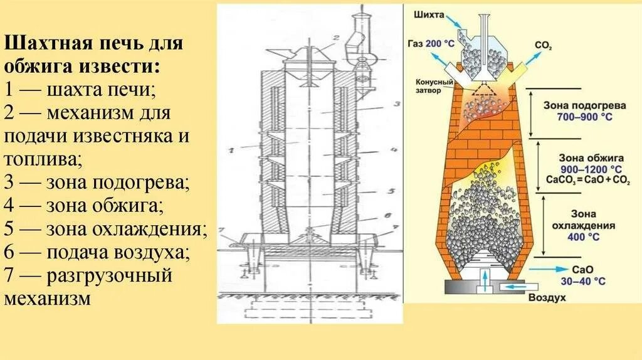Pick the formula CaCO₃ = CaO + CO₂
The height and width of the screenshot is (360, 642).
point(580,179)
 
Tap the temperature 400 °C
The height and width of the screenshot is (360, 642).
point(582,237)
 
